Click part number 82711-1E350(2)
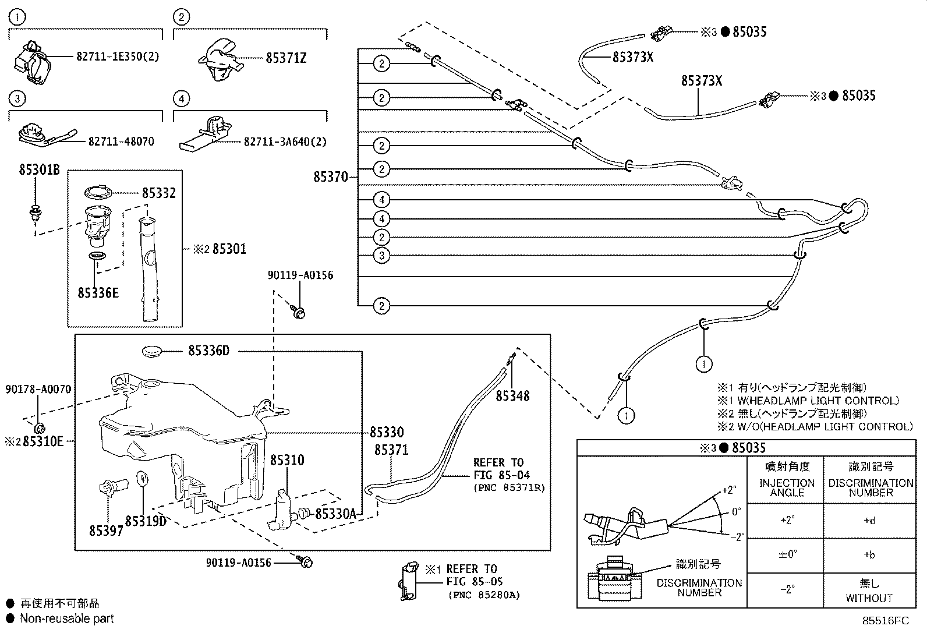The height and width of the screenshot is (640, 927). pos(117,56)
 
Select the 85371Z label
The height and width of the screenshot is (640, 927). pos(286,58)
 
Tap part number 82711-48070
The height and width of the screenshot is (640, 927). pos(121,142)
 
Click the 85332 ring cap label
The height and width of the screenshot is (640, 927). pos(158,193)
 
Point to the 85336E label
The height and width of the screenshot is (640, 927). pos(98,292)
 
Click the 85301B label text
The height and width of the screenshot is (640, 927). pos(40,171)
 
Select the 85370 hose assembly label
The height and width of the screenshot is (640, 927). pos(330,177)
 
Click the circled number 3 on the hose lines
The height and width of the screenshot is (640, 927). pos(381,255)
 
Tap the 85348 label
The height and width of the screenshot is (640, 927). pos(512,396)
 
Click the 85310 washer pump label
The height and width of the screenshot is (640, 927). pos(286,460)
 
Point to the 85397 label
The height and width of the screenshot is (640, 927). pos(106,531)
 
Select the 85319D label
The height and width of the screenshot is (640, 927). pos(146,521)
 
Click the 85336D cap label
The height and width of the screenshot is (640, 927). pos(208,351)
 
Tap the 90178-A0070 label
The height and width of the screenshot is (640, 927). pos(38,389)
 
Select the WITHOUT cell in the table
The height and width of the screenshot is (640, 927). pos(869,597)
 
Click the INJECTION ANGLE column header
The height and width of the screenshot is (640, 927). pos(787,487)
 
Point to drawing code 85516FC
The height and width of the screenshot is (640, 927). pos(885,621)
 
